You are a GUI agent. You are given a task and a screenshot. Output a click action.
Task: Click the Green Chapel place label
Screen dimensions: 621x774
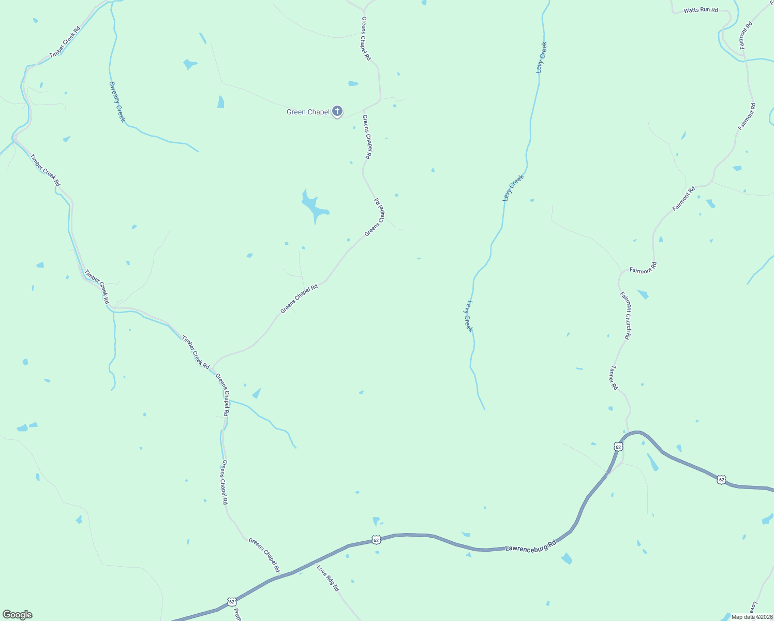pyautogui.click(x=308, y=112)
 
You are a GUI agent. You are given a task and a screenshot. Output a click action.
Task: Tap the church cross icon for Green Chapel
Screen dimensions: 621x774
pyautogui.click(x=337, y=111)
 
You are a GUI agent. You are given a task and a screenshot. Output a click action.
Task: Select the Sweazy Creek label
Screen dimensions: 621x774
pyautogui.click(x=117, y=101)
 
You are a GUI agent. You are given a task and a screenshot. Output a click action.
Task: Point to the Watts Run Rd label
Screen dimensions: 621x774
pyautogui.click(x=701, y=10)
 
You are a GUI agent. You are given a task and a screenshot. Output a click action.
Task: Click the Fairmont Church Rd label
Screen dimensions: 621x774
pyautogui.click(x=626, y=315)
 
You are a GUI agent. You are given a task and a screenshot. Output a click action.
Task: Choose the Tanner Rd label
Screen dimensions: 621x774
pyautogui.click(x=613, y=378)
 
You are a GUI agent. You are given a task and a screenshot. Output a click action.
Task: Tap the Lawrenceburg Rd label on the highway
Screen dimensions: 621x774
pyautogui.click(x=530, y=545)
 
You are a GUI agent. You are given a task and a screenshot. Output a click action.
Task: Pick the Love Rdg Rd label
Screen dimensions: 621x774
pyautogui.click(x=328, y=578)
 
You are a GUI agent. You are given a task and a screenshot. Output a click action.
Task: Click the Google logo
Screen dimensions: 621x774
pyautogui.click(x=17, y=615)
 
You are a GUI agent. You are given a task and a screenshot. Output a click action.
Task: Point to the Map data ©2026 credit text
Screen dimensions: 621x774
pyautogui.click(x=752, y=617)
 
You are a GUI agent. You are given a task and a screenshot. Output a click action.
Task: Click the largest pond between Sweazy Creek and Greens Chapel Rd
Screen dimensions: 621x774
pyautogui.click(x=313, y=206)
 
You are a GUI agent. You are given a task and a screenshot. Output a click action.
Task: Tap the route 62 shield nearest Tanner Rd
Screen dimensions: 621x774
pyautogui.click(x=618, y=446)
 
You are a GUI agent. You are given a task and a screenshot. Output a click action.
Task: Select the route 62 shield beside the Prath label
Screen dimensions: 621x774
pyautogui.click(x=232, y=602)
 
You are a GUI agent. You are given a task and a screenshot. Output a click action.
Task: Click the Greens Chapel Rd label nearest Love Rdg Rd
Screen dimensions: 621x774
pyautogui.click(x=264, y=555)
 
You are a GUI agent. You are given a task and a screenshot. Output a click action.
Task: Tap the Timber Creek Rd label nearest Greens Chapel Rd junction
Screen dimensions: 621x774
pyautogui.click(x=196, y=352)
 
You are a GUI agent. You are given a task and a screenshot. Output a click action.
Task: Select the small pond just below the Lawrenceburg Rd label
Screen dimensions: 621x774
pyautogui.click(x=567, y=558)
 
